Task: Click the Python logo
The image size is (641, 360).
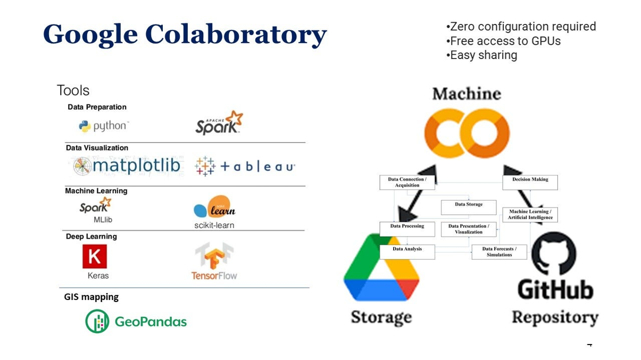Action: click(x=104, y=126)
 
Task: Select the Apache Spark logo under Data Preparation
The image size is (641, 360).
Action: click(x=219, y=123)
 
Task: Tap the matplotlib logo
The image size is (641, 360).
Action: click(x=127, y=166)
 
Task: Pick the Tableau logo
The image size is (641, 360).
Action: click(x=245, y=166)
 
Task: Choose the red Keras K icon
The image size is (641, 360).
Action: click(x=95, y=256)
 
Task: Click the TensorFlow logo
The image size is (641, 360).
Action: click(x=214, y=261)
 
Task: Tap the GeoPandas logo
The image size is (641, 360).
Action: click(x=136, y=321)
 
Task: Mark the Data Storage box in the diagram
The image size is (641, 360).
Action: click(x=469, y=207)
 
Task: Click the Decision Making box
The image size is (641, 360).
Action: click(x=530, y=182)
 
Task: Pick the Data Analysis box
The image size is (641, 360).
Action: click(x=407, y=252)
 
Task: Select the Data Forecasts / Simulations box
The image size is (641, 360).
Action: click(x=500, y=252)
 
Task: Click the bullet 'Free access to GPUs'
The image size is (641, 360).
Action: click(x=503, y=41)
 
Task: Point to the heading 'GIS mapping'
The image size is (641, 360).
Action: click(x=91, y=297)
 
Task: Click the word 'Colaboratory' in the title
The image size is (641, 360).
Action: click(x=236, y=35)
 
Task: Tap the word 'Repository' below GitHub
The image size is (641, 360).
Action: click(x=555, y=317)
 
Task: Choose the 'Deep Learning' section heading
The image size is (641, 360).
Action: click(x=91, y=237)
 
